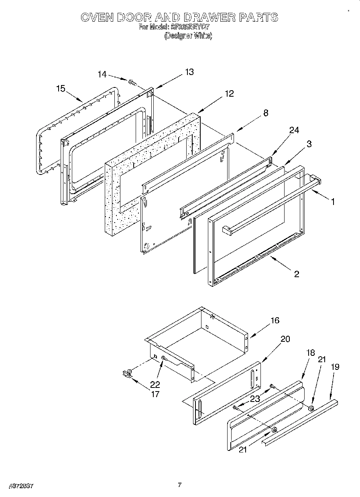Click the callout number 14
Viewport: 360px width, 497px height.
[102, 74]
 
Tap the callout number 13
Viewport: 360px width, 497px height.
[189, 72]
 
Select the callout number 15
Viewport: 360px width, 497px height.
[61, 89]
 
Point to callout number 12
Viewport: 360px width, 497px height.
[229, 94]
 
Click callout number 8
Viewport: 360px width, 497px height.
[265, 113]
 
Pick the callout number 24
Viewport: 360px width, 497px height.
[294, 130]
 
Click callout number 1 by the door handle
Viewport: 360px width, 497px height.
[332, 202]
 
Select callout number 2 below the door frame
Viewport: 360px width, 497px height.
[296, 274]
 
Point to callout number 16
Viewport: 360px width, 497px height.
[275, 321]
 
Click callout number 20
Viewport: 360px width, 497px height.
[285, 339]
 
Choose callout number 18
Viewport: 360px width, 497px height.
[310, 353]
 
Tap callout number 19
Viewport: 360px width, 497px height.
[335, 366]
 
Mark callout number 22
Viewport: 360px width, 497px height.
[155, 384]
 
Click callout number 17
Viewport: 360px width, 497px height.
[155, 394]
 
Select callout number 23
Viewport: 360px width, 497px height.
[255, 399]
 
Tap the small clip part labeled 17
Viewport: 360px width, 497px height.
[127, 374]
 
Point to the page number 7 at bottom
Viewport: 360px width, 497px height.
[180, 485]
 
